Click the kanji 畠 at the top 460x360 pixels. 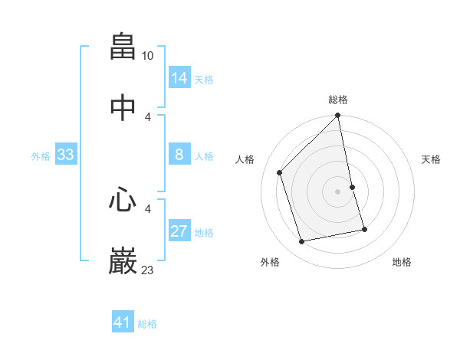123,47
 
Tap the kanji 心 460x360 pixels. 123,201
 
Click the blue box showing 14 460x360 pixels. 179,77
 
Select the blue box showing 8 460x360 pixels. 179,155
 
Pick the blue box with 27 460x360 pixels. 179,231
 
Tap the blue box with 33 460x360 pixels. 66,155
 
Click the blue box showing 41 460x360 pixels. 123,322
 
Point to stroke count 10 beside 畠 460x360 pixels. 148,56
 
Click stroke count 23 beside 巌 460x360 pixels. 148,270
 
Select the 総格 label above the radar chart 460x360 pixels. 338,100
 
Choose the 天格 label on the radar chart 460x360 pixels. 431,159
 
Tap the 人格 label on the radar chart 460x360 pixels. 245,159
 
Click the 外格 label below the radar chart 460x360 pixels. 270,262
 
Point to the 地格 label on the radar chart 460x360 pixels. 402,262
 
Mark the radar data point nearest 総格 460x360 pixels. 338,116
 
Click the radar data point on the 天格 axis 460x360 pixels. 353,187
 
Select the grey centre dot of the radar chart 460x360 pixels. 338,191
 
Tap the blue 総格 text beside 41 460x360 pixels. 147,324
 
